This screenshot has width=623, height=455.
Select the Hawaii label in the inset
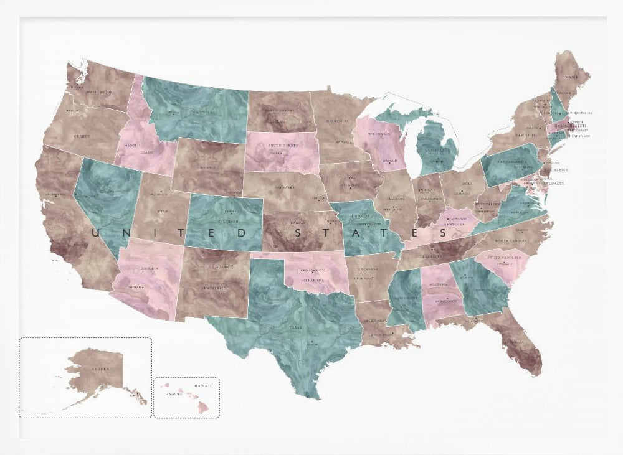(x=202, y=386)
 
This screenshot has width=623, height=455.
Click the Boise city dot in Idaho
(x=125, y=146)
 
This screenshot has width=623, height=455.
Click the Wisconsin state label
(x=379, y=134)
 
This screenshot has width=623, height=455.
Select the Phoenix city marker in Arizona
(x=143, y=287)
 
